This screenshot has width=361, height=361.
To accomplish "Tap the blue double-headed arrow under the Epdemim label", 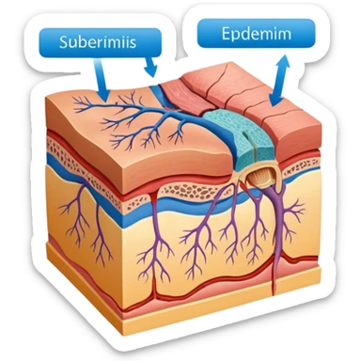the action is coord(278,80).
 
